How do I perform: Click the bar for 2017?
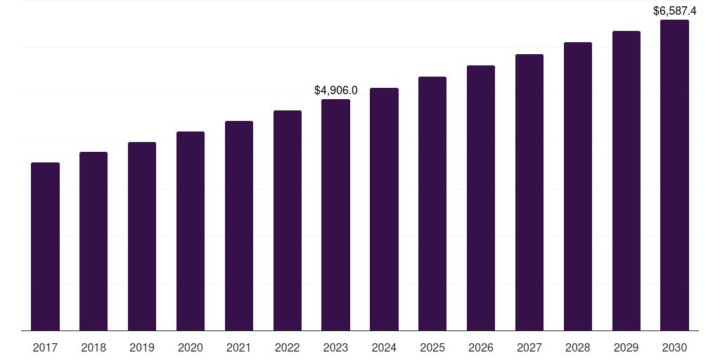(45, 247)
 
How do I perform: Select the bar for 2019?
(142, 236)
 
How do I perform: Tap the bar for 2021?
(239, 226)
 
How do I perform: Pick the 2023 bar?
(335, 215)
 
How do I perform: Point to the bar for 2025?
(432, 204)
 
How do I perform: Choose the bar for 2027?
(529, 193)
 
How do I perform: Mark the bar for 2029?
(626, 181)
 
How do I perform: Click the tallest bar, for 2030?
(674, 175)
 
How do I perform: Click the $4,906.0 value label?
(335, 91)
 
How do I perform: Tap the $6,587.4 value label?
(674, 11)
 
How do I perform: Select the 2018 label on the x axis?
(94, 347)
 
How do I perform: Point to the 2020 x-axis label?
(191, 347)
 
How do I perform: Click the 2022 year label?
(288, 347)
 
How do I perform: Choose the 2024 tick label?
(385, 347)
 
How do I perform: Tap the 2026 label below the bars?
(481, 347)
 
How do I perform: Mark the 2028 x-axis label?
(578, 347)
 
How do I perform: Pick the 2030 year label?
(674, 347)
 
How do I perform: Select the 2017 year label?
(45, 347)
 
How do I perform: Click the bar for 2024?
(385, 210)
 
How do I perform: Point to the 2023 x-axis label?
(335, 347)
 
